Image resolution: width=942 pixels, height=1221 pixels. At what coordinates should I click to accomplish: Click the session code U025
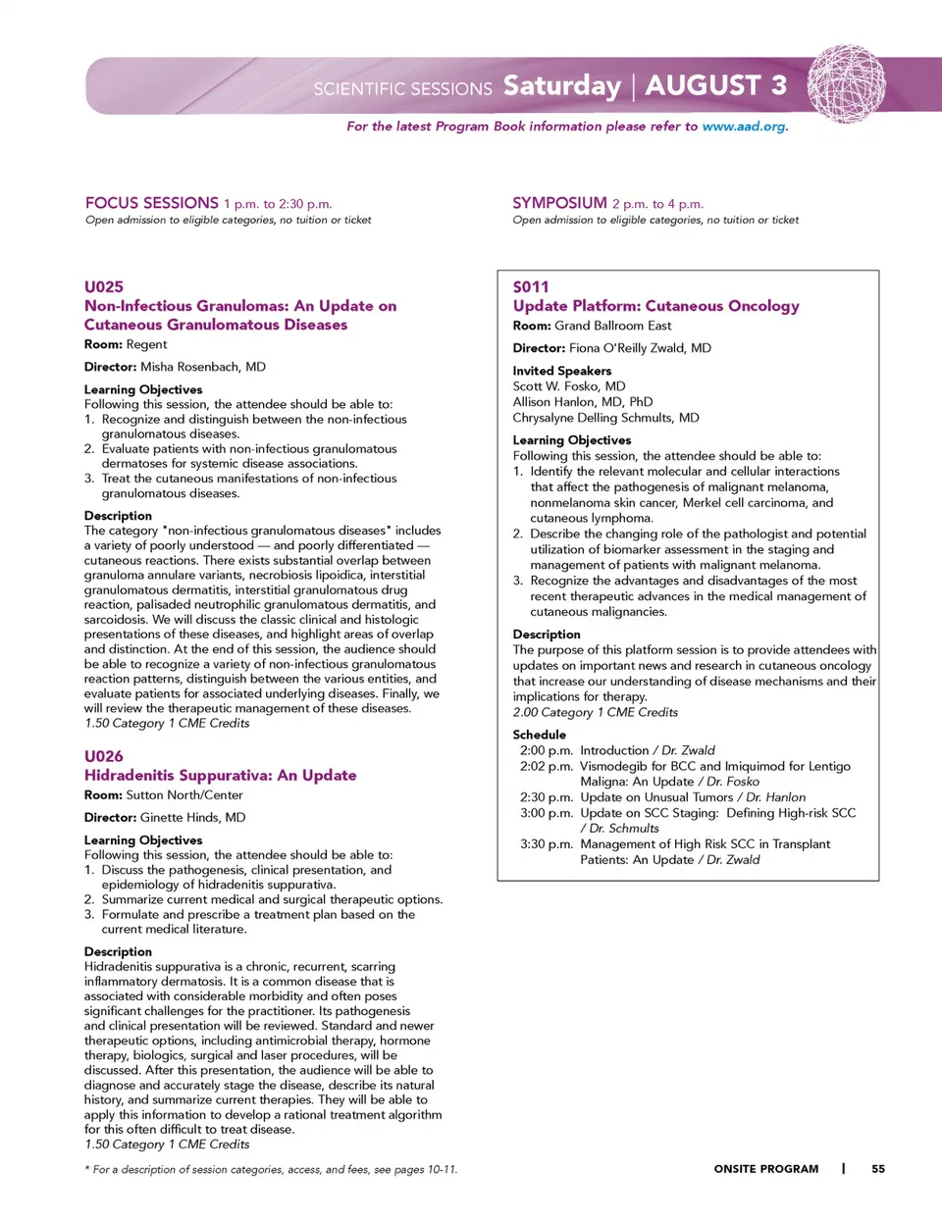104,286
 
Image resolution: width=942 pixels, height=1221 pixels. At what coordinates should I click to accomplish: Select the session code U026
104,756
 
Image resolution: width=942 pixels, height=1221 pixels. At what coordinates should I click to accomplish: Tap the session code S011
531,286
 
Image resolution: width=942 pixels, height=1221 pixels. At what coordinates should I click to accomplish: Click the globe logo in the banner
846,83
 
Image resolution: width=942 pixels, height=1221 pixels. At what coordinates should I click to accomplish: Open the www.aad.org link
744,127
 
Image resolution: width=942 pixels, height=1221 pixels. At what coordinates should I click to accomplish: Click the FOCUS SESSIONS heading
152,203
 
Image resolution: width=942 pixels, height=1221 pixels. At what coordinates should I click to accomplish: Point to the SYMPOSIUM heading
559,203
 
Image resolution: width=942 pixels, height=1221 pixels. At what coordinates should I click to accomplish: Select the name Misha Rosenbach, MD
203,367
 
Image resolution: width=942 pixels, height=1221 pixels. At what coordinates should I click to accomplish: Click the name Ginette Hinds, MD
193,817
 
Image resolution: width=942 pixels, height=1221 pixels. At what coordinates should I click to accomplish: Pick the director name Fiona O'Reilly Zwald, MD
640,348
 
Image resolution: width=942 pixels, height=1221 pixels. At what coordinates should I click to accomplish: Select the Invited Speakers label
561,371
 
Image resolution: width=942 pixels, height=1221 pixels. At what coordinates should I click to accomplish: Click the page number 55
878,1169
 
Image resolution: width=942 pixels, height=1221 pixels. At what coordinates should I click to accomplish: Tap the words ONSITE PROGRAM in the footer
765,1169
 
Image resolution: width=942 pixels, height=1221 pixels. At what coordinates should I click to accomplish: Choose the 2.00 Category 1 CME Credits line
595,712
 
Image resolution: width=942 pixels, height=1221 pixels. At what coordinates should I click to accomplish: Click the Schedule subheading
539,735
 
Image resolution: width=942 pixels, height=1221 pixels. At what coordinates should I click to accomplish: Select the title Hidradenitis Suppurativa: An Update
220,775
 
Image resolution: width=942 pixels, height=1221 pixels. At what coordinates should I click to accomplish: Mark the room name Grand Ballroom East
613,326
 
